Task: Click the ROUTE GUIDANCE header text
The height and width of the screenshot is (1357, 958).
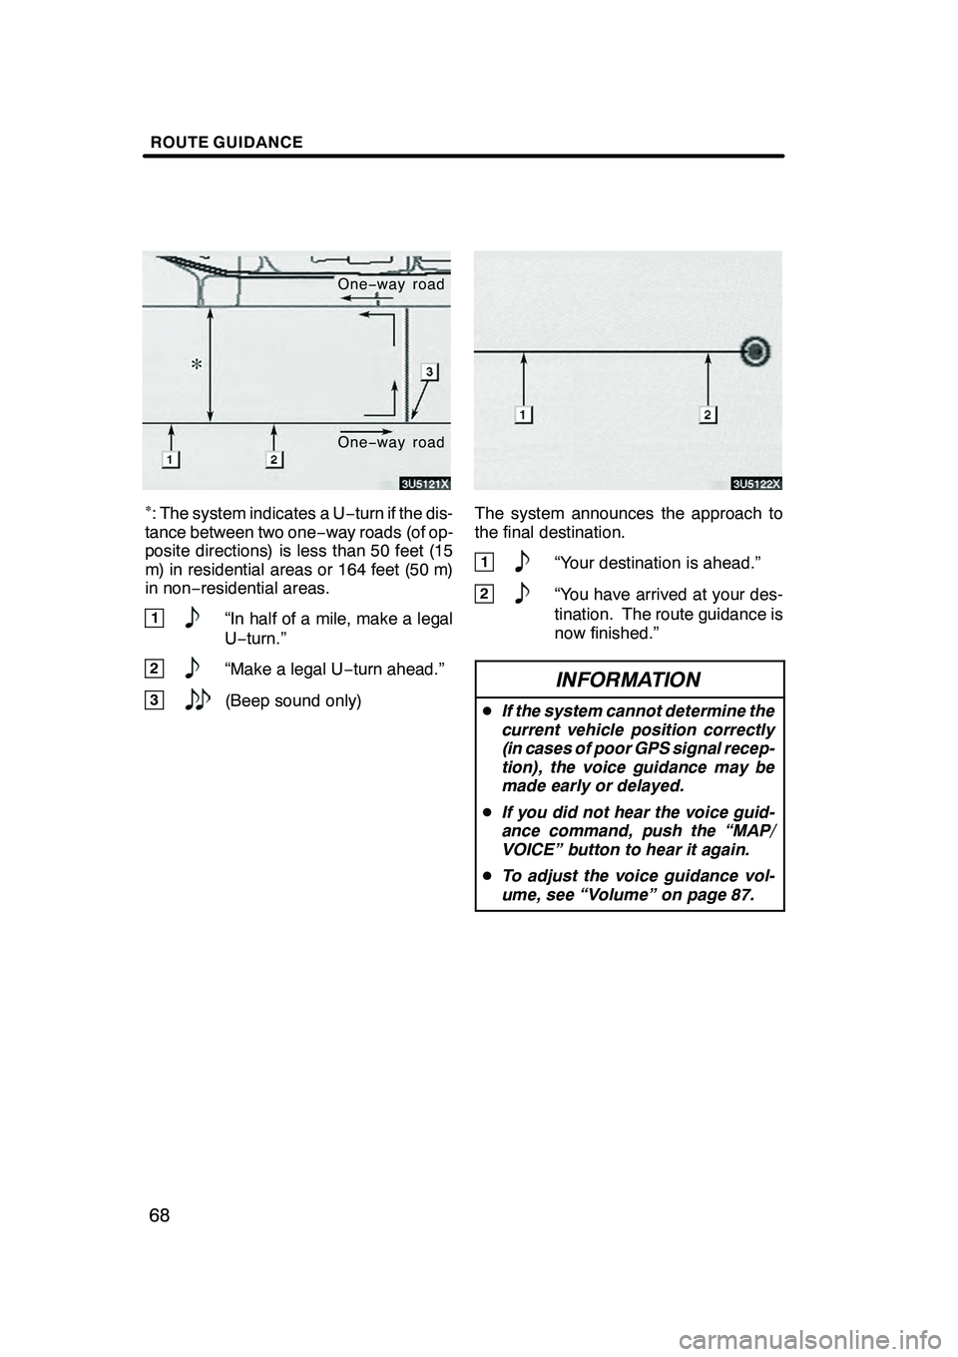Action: [x=227, y=143]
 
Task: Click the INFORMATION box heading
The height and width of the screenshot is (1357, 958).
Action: [x=628, y=680]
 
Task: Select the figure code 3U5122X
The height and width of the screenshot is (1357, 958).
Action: [x=756, y=484]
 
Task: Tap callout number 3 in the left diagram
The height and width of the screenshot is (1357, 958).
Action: [x=427, y=372]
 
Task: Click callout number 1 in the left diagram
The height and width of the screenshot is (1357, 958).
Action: [x=172, y=458]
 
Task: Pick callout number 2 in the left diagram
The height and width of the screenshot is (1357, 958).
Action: [x=273, y=458]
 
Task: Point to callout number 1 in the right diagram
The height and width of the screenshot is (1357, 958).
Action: [x=523, y=414]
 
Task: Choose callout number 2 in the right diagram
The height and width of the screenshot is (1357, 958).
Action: [x=708, y=414]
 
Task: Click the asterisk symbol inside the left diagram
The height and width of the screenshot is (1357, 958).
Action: [x=198, y=365]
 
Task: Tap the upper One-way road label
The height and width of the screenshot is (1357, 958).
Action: [x=391, y=284]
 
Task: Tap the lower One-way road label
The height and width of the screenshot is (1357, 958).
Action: [x=390, y=442]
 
